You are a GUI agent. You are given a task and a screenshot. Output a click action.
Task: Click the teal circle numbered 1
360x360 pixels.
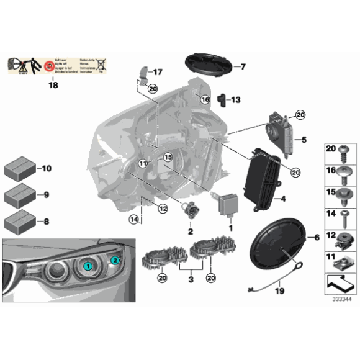88,265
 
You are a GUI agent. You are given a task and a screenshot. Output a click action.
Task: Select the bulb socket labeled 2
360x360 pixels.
186,210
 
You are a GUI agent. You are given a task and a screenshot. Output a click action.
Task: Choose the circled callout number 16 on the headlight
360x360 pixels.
205,99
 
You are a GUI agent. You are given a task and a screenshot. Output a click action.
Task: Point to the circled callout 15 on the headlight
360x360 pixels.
168,158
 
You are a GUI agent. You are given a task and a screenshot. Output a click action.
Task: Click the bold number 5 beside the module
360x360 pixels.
304,140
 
